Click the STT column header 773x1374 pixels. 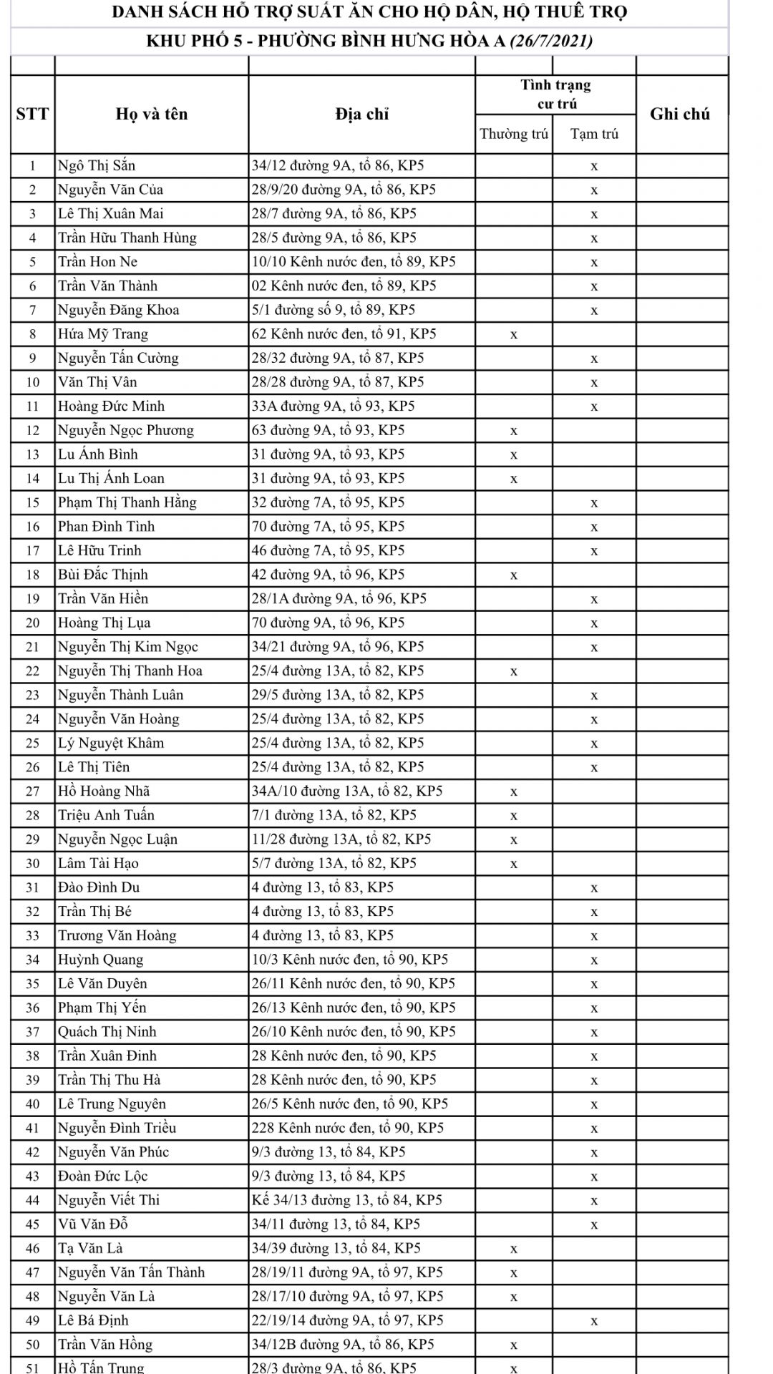(x=32, y=114)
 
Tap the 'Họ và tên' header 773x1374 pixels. (x=151, y=114)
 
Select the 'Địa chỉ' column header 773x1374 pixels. (x=361, y=114)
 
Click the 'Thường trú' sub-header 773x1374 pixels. (x=513, y=134)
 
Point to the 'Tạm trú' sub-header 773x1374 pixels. (x=594, y=134)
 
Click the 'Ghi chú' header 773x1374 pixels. (x=679, y=114)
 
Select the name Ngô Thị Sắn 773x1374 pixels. (x=97, y=165)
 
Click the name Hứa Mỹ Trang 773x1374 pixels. (x=103, y=333)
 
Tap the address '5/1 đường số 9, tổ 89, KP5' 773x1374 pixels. (x=333, y=310)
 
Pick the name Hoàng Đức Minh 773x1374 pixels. (x=111, y=406)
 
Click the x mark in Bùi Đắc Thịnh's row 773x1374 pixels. (x=513, y=575)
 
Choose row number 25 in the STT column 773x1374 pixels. (x=32, y=743)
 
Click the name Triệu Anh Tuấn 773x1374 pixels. (x=106, y=815)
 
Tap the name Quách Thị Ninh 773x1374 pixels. (x=107, y=1031)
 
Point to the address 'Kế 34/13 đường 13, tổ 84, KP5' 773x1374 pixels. (x=346, y=1200)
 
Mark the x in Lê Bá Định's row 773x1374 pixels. (x=594, y=1320)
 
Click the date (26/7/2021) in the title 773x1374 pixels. (x=550, y=41)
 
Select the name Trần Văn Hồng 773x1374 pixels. (x=105, y=1344)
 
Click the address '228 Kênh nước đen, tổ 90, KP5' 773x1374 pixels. (x=347, y=1128)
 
